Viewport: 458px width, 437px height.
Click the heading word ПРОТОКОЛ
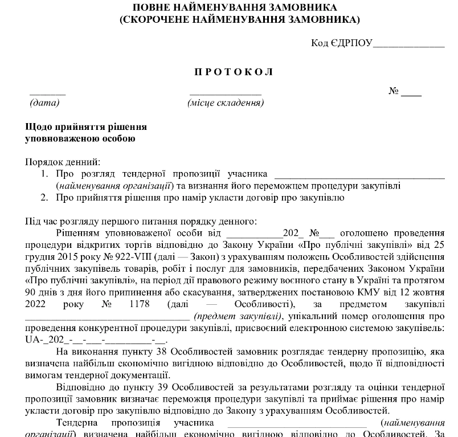click(x=234, y=72)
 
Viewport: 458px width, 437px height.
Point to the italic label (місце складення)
click(x=226, y=103)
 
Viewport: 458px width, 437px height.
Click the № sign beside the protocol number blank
click(x=393, y=91)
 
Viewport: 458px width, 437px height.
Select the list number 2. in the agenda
click(x=44, y=198)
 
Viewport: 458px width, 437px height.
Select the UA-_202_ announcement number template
click(x=95, y=340)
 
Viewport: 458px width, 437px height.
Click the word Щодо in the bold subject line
click(x=38, y=126)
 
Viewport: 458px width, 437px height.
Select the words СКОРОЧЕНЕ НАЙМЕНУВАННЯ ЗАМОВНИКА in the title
click(x=239, y=20)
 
